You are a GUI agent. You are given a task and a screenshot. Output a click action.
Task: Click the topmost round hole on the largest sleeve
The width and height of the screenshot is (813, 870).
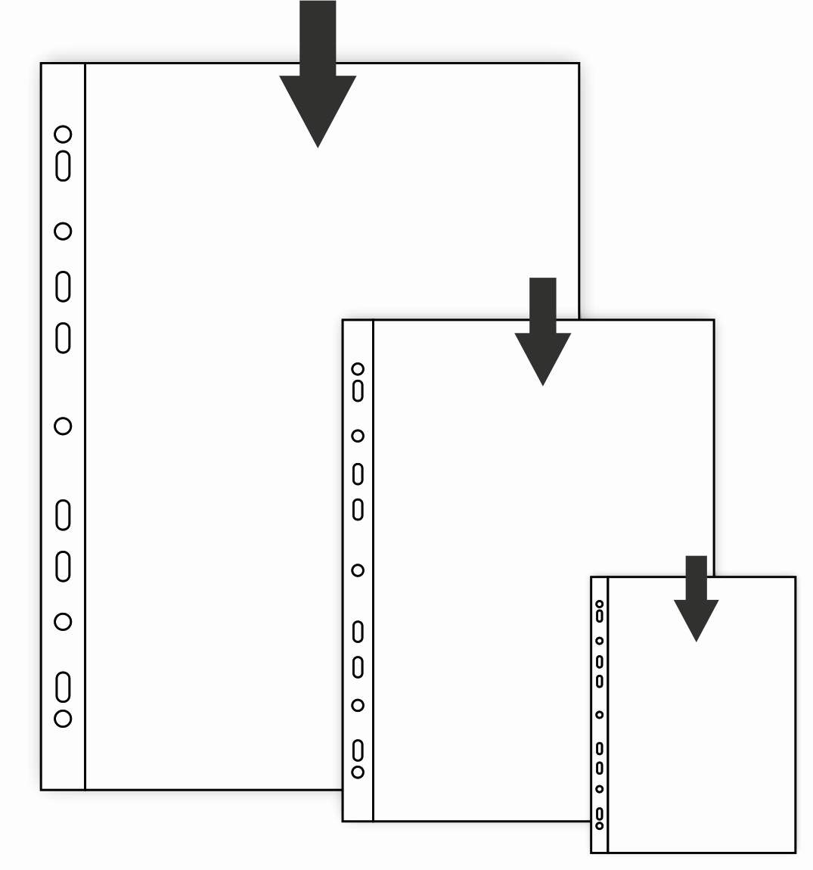click(63, 135)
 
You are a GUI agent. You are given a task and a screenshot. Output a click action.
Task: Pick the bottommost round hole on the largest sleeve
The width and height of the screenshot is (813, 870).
click(63, 718)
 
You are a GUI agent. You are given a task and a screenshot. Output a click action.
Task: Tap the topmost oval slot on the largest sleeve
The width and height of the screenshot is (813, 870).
click(63, 166)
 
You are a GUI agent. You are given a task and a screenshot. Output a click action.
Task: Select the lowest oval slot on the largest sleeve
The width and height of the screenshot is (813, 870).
click(63, 687)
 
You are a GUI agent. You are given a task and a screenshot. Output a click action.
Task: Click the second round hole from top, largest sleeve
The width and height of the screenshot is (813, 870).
click(63, 231)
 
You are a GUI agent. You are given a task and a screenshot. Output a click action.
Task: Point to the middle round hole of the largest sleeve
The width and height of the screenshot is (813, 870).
click(63, 426)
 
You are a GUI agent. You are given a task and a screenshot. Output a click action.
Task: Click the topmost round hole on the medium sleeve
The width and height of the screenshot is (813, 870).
click(358, 369)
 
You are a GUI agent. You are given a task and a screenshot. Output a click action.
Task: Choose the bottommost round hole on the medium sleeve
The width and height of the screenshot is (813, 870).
click(358, 772)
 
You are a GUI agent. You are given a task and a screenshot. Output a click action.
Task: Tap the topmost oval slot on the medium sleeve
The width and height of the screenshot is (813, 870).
click(358, 391)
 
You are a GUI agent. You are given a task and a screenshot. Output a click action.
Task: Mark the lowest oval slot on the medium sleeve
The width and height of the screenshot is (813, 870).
click(358, 750)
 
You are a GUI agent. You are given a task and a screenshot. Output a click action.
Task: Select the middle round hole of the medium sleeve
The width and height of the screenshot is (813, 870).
click(358, 570)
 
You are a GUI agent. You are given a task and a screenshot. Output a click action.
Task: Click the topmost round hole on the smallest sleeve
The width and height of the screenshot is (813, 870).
click(600, 604)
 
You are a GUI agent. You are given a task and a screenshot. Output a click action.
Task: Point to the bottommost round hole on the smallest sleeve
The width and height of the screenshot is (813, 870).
click(600, 825)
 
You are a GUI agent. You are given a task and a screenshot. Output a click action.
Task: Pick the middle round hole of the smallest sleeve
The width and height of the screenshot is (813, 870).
click(600, 714)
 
